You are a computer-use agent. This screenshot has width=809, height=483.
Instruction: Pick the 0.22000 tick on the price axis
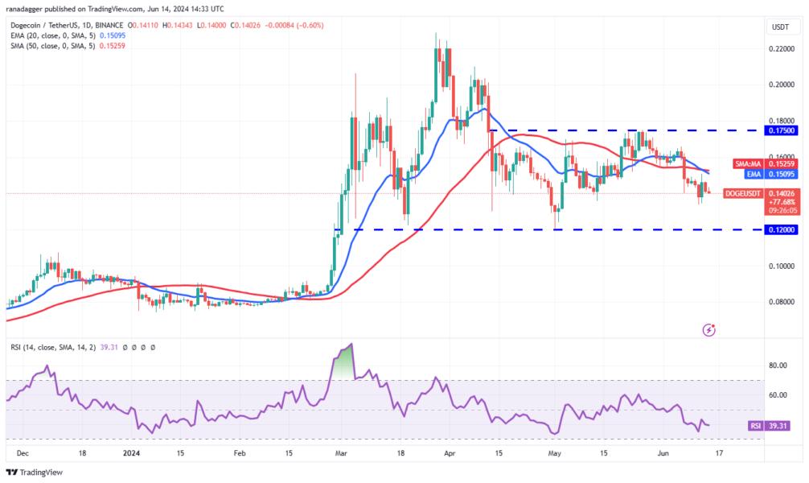click(x=778, y=48)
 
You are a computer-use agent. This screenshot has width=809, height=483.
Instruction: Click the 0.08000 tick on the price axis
click(x=778, y=302)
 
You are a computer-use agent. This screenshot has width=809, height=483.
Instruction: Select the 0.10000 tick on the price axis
click(x=778, y=266)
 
